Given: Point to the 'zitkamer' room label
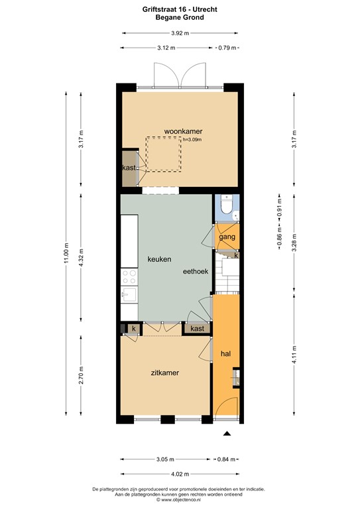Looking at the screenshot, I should pyautogui.click(x=164, y=372).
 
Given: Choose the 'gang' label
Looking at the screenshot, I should pyautogui.click(x=227, y=237).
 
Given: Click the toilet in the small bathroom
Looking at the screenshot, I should pyautogui.click(x=227, y=207).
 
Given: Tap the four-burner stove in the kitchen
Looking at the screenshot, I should pyautogui.click(x=129, y=276).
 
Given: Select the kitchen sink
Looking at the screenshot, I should pyautogui.click(x=129, y=295).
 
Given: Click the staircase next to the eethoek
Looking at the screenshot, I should pyautogui.click(x=227, y=275).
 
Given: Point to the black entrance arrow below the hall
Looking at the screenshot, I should pyautogui.click(x=227, y=433).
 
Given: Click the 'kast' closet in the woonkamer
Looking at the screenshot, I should pyautogui.click(x=129, y=168).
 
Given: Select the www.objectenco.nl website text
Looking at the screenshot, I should pyautogui.click(x=180, y=499).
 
